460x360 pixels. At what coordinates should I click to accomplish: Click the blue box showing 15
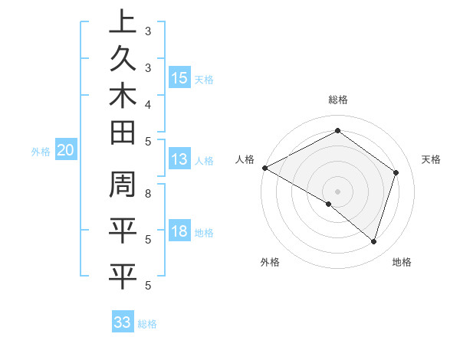[x=179, y=77]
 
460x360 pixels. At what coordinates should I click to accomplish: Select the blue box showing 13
[x=179, y=159]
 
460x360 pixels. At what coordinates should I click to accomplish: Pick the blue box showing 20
[x=65, y=151]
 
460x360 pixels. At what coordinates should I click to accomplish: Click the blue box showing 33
[x=123, y=322]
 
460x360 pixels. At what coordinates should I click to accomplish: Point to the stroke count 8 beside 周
[x=147, y=194]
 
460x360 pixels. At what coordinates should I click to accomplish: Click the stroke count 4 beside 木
[x=147, y=103]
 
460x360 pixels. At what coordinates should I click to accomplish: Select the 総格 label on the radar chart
[x=337, y=100]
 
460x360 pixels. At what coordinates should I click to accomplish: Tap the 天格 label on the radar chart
[x=431, y=159]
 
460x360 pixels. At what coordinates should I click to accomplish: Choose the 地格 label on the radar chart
[x=402, y=263]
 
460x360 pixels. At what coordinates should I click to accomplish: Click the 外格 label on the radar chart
[x=270, y=263]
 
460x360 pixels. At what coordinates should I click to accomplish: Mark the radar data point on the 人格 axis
[x=264, y=167]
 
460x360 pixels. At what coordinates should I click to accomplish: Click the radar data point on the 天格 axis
[x=396, y=172]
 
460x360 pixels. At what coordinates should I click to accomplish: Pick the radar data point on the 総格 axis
[x=337, y=130]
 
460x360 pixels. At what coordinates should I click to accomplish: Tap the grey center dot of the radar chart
[x=337, y=191]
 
